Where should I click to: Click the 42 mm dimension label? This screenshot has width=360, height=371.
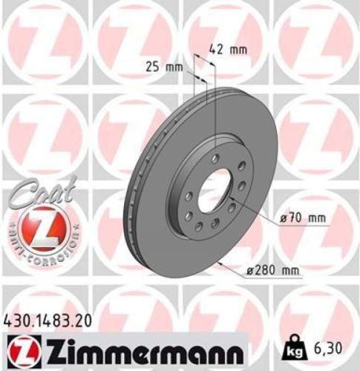tap(228, 50)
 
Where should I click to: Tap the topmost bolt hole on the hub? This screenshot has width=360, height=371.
tap(215, 159)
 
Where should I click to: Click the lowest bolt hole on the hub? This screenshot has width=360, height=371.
tap(214, 223)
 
